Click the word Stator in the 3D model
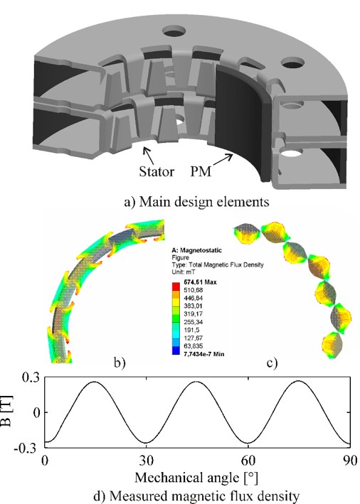coord(157,171)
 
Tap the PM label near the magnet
coord(201,171)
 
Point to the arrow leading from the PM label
coord(223,159)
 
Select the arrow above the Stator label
coord(149,156)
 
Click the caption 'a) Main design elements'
coord(196,202)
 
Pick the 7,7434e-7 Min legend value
coord(203,354)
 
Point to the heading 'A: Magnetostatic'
coord(197,250)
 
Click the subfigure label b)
coord(120,363)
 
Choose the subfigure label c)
coord(272,363)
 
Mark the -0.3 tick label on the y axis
coord(26,449)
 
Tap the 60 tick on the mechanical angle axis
coord(248,461)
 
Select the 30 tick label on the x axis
coord(147,461)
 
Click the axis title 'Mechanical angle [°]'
coord(196,478)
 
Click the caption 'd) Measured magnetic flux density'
coord(196,496)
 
